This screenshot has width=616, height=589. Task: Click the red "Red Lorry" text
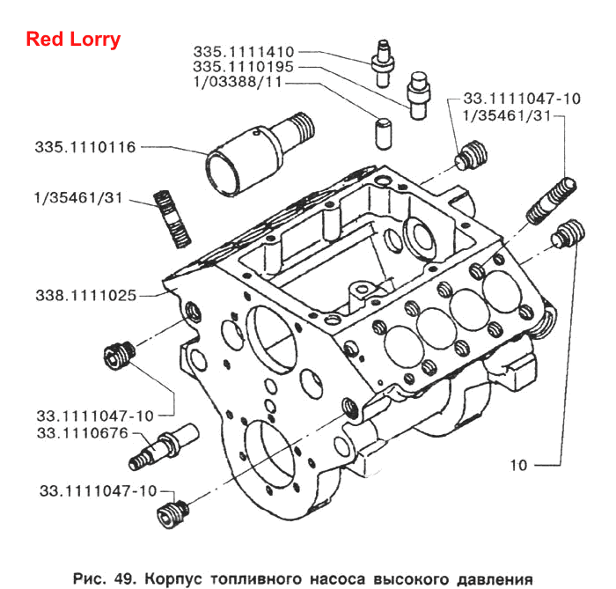coord(73,40)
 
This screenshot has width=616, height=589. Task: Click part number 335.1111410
coord(244,51)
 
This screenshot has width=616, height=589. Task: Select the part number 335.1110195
coord(243,66)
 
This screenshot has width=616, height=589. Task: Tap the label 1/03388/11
coord(238,82)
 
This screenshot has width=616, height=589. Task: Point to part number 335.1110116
coord(85,147)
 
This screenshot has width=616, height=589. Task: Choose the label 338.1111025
coord(86,295)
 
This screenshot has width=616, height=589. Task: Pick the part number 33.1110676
coord(83,432)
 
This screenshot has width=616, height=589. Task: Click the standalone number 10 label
coord(518,465)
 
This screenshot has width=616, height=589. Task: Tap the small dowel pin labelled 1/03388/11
coord(384,134)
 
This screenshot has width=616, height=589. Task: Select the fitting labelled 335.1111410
coord(383,63)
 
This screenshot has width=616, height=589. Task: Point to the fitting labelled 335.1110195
coord(418,95)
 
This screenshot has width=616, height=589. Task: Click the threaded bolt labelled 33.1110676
coord(164,446)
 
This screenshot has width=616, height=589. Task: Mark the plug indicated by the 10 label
coord(568,234)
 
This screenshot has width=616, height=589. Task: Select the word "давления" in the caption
coord(495,578)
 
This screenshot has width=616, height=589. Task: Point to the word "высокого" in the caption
coord(411,578)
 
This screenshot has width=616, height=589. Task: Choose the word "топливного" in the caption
coord(256,578)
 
